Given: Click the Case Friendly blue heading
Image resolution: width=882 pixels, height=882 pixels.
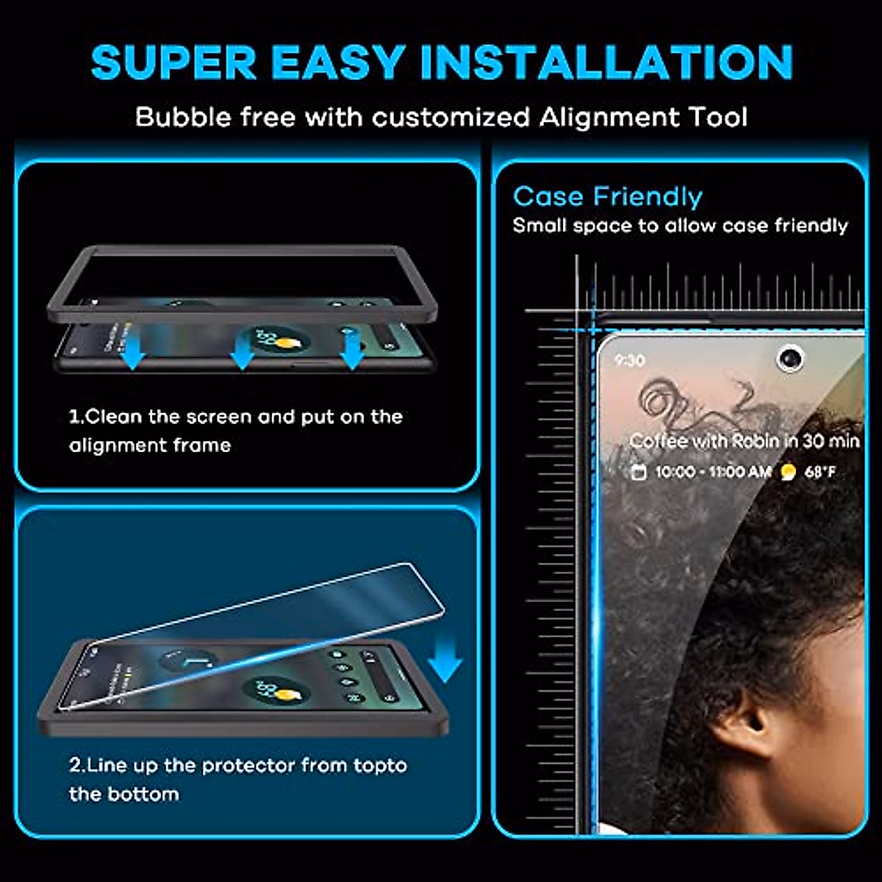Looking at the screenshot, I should pos(607,197).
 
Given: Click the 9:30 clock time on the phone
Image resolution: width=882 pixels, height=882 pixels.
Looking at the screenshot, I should pos(629,360).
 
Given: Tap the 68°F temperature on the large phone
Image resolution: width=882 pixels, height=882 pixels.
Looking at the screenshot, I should pos(820,472).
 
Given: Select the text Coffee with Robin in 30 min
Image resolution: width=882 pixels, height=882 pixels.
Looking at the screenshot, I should pos(744,441).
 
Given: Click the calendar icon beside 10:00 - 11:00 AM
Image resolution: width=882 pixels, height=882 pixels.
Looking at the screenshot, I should pos(639,472).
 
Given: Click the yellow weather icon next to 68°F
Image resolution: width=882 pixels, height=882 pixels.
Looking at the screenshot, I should pos(788,472).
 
